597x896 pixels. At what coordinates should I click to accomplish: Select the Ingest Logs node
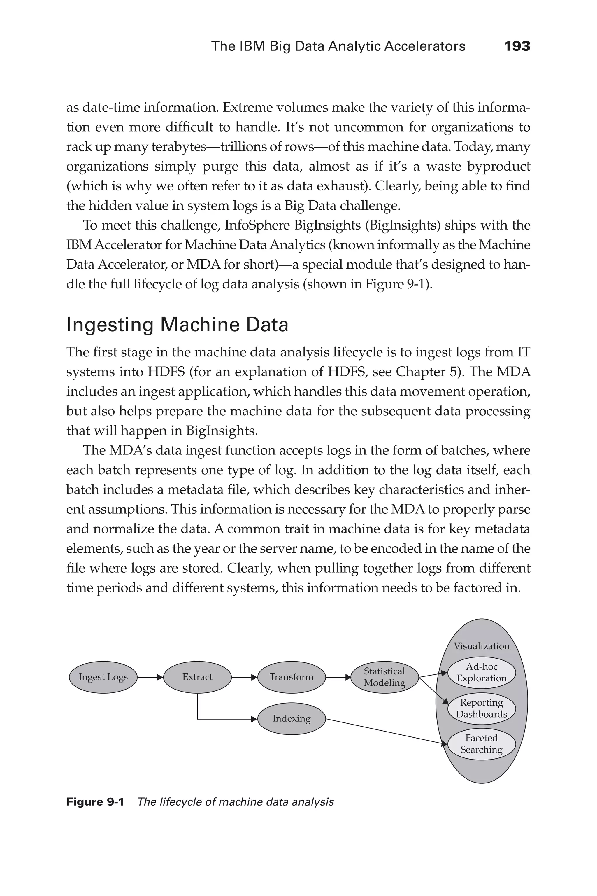point(103,677)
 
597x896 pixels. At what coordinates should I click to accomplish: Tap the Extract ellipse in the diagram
point(197,677)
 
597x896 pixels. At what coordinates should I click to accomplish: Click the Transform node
point(291,677)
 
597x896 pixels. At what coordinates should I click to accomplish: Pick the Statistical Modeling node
point(384,677)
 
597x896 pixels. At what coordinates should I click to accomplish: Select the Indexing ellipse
point(291,718)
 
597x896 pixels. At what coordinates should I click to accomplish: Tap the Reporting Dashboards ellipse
point(481,708)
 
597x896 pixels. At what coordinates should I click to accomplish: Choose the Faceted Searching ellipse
point(481,744)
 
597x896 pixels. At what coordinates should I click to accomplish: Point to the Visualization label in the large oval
point(481,646)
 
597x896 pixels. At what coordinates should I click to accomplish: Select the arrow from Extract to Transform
point(244,677)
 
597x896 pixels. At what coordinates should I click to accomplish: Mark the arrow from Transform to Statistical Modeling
point(338,677)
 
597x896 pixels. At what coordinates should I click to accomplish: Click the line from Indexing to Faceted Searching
point(384,731)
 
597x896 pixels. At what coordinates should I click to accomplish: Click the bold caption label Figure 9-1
point(95,802)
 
